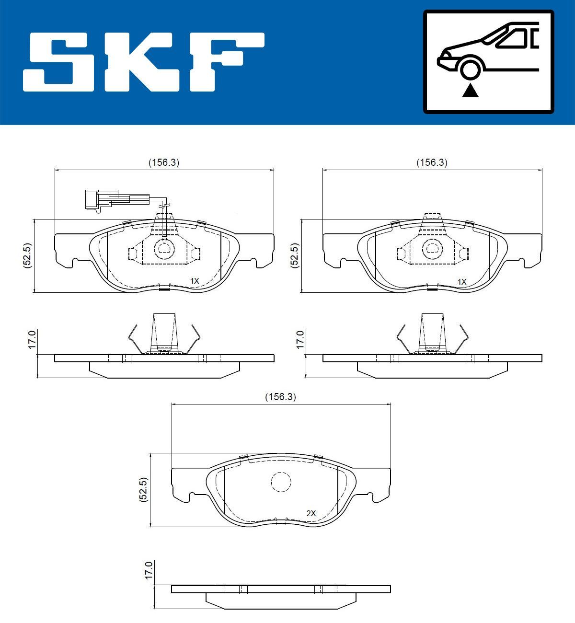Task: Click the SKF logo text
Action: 144,62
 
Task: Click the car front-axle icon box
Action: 488,62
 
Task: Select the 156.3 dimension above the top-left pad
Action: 163,162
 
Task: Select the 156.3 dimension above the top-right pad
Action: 431,162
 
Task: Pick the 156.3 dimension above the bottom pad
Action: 280,397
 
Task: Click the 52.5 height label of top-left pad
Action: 27,255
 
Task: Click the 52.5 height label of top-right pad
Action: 295,255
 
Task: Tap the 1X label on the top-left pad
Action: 194,280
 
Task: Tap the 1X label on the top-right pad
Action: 461,282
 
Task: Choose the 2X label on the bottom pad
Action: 311,513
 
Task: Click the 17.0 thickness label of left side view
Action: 32,339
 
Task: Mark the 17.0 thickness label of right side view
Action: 300,339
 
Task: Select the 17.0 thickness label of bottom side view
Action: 149,571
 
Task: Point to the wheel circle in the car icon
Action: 470,68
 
